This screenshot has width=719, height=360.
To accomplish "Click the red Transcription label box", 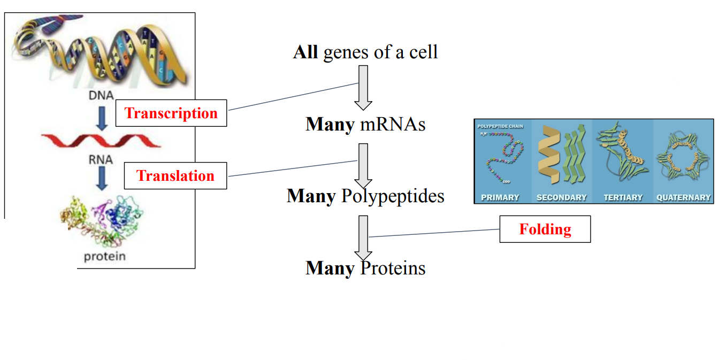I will tap(171, 113).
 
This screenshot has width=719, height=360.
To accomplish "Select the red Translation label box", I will tap(175, 176).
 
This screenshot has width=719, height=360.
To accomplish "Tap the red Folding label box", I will tap(545, 229).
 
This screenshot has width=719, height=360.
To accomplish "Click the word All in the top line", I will tap(305, 52).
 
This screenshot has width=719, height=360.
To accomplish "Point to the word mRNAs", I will tap(393, 125).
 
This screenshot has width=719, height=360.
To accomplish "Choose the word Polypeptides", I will tap(393, 196).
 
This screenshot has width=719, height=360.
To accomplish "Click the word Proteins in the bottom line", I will tap(393, 267).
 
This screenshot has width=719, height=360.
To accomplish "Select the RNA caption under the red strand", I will tap(101, 159).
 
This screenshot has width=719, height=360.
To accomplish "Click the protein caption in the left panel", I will tap(105, 256).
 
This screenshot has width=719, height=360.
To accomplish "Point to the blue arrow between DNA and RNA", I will tap(101, 119).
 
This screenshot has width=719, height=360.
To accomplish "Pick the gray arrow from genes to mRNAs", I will tap(363, 87).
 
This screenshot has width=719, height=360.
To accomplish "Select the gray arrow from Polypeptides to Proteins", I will tap(363, 237).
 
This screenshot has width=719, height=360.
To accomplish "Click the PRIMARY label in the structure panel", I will tap(500, 197).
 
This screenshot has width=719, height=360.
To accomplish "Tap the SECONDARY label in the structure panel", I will tap(562, 197).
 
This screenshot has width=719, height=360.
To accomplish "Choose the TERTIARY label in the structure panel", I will tap(623, 197).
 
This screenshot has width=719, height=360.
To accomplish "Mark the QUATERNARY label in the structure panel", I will tap(684, 197).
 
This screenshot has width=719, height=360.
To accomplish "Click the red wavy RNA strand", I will tap(101, 140).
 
